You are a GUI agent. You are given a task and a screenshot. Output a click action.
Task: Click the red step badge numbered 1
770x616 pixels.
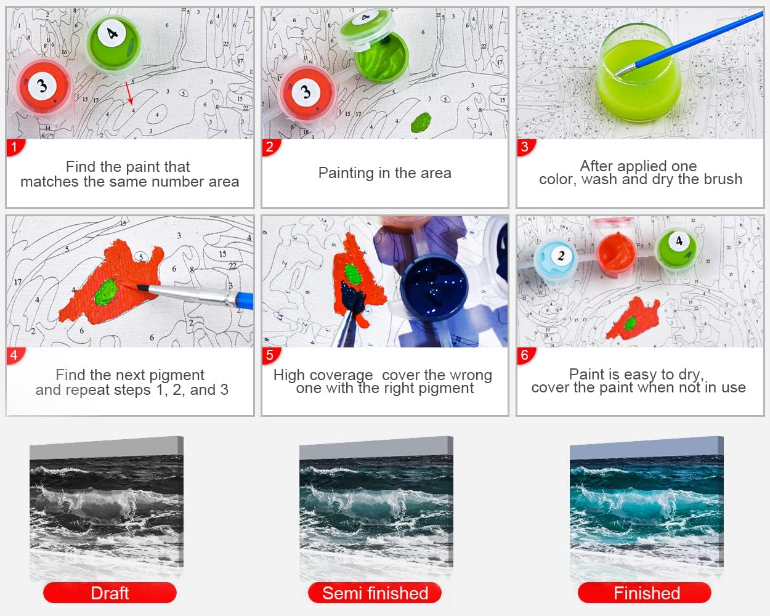[15, 147]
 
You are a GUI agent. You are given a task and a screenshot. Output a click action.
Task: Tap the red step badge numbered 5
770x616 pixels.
[270, 355]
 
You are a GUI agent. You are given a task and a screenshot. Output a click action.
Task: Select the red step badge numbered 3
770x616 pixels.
[525, 147]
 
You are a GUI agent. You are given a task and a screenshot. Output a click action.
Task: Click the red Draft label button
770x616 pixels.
[110, 593]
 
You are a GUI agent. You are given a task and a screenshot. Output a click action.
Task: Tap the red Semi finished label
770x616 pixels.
[375, 593]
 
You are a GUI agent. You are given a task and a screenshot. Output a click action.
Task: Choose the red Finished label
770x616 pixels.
[644, 593]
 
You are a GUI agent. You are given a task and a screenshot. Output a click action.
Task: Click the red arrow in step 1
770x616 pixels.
[129, 92]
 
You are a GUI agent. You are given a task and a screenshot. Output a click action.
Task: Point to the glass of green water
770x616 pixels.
[639, 73]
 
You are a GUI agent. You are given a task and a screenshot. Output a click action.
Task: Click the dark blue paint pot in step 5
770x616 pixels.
[434, 286]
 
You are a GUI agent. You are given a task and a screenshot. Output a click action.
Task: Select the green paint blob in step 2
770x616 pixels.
[421, 122]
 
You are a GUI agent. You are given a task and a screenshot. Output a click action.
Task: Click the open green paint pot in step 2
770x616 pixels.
[382, 59]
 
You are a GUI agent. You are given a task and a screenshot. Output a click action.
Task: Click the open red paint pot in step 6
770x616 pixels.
[616, 253]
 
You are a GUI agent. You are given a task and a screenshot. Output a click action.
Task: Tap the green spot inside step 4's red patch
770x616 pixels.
[105, 293]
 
